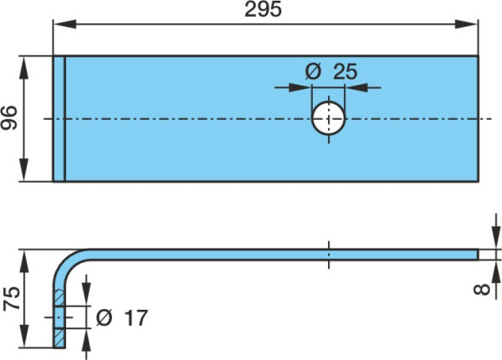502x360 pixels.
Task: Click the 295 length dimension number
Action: (x=264, y=9)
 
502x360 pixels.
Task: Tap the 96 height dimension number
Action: (x=9, y=117)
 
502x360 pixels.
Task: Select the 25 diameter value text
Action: (x=345, y=71)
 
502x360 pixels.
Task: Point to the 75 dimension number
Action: (x=12, y=299)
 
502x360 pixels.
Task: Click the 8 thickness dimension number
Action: (x=482, y=289)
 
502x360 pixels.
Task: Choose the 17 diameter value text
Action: (x=136, y=318)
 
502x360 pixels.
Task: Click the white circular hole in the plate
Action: (x=329, y=118)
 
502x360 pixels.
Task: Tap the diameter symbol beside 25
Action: (x=313, y=71)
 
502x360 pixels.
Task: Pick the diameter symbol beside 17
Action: (x=104, y=318)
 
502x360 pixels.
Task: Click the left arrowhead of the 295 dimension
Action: (x=64, y=24)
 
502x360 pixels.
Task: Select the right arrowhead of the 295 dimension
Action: (x=466, y=24)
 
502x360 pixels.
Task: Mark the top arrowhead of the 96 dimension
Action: (x=23, y=68)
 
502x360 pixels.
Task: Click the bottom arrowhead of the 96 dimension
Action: (x=23, y=170)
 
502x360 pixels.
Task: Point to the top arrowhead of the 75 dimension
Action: (x=24, y=261)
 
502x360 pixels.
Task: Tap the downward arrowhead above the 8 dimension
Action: (x=496, y=237)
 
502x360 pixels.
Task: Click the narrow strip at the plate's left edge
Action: (x=59, y=119)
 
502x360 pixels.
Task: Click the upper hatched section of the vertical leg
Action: (x=59, y=298)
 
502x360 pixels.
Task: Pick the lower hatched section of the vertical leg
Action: (x=59, y=338)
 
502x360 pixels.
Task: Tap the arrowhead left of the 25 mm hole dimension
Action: (x=300, y=87)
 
